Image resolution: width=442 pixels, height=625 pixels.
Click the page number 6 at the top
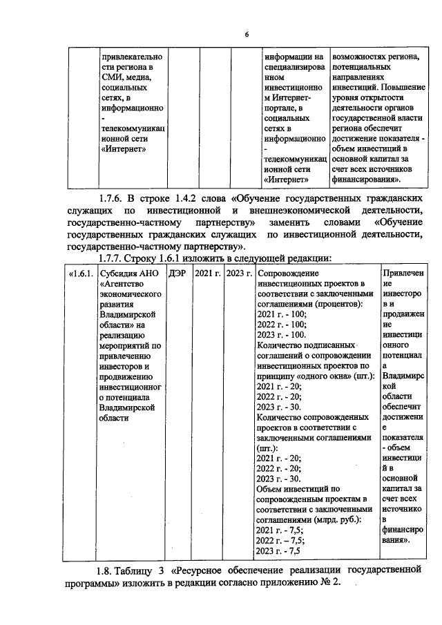[246, 35]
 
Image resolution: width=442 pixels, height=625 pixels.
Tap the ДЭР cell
[177, 273]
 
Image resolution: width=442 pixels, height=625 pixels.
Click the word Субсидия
[120, 273]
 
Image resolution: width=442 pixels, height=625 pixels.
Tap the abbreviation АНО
[152, 273]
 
